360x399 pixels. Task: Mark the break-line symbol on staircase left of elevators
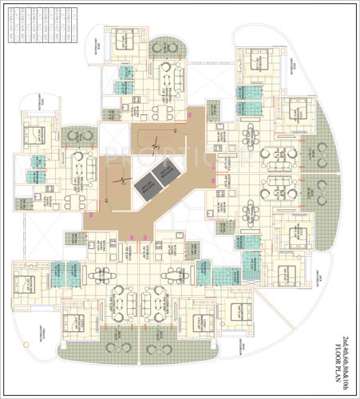point(119,179)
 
